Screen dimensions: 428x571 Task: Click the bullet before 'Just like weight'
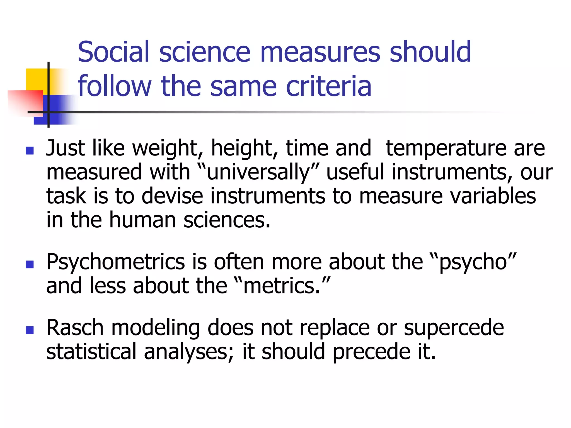tap(30, 151)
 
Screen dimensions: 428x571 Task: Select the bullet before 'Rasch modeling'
tap(30, 330)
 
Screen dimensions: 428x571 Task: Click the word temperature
tap(446, 148)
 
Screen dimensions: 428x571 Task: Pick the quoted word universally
tap(258, 172)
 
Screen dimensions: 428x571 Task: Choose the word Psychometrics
tap(115, 262)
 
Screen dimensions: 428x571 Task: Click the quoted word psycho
tap(473, 262)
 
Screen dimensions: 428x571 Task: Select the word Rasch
tap(75, 328)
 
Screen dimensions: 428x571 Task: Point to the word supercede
tap(454, 328)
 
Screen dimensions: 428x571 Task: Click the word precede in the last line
tap(371, 352)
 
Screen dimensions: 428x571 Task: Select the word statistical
tap(91, 352)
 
